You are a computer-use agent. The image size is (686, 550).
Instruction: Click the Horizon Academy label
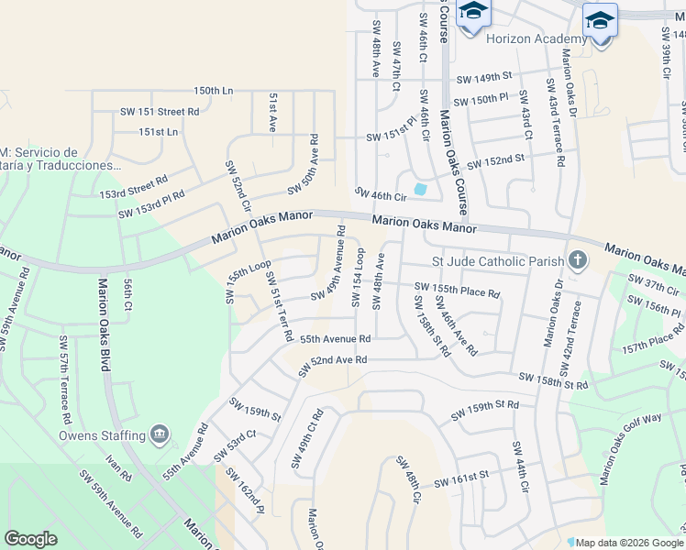coord(536,38)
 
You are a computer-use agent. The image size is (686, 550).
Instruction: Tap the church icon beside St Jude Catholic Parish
coord(577,260)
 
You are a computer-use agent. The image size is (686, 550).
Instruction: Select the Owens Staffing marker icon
coord(160,433)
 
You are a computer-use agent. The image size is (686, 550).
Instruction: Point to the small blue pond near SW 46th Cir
coord(420,190)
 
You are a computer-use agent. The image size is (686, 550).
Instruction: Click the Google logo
coord(30,539)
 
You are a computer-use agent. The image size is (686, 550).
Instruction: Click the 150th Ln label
coord(213,91)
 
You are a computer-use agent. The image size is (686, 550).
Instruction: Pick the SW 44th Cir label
coord(521,467)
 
